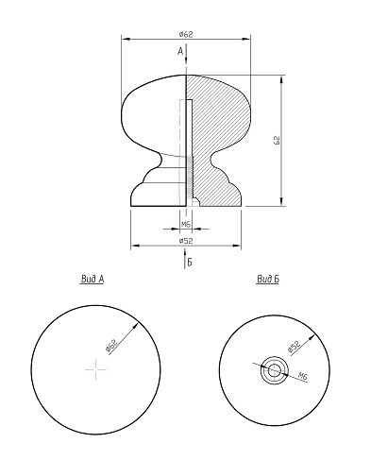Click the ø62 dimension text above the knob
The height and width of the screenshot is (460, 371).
coord(186,34)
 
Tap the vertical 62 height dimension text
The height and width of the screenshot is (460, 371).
coord(277,141)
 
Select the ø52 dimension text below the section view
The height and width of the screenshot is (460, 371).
coord(186,241)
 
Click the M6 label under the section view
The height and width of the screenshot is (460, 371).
coord(186,224)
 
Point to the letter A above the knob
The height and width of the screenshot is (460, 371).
coord(180,51)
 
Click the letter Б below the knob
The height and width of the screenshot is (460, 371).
coord(190,262)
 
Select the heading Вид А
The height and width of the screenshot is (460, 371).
coord(93,279)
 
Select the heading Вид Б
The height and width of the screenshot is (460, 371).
coord(268,279)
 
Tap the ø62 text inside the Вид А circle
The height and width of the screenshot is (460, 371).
coord(111,345)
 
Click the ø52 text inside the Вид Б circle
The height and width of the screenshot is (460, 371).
coord(294,347)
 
